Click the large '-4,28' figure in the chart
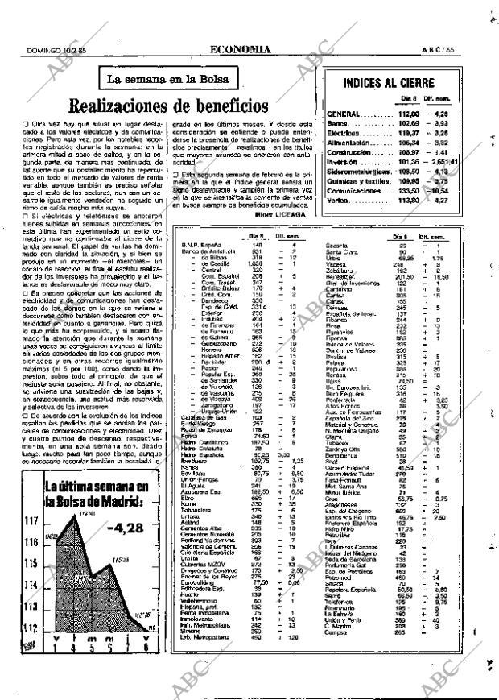coord(119,529)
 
